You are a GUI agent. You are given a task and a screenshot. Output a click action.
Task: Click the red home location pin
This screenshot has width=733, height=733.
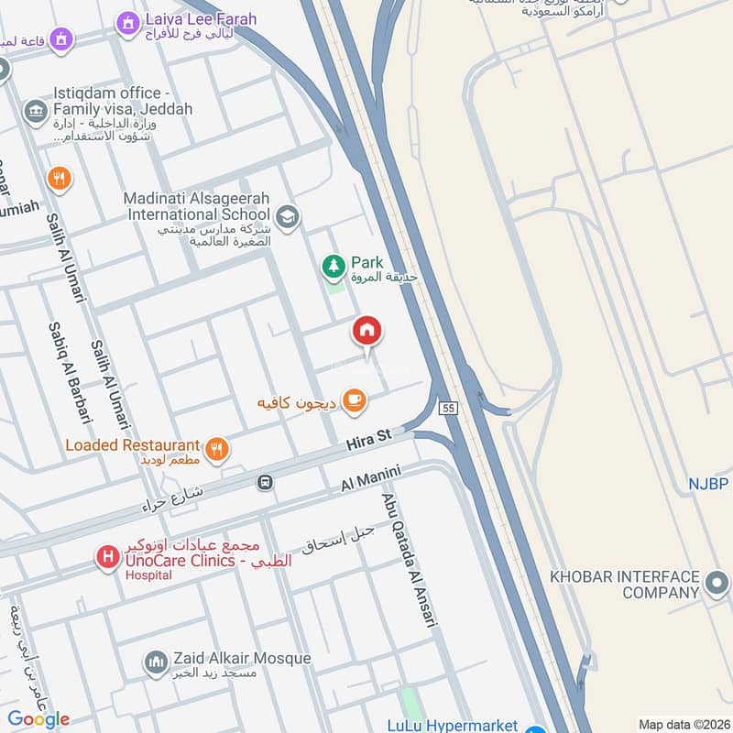click(367, 332)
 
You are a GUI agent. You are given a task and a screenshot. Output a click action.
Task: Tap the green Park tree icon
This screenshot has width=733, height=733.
click(333, 267)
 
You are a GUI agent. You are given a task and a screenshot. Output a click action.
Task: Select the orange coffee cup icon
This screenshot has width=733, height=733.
click(355, 400)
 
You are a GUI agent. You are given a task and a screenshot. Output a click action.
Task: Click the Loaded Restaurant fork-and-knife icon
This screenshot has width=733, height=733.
click(216, 448)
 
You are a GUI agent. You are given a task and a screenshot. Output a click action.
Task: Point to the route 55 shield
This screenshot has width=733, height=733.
click(447, 408)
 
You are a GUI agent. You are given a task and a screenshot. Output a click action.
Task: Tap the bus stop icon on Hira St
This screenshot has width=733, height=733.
click(265, 482)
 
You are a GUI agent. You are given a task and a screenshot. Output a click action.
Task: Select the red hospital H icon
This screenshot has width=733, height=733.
click(108, 557)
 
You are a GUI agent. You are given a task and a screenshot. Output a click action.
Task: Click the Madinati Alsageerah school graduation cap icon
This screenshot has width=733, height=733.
click(288, 216)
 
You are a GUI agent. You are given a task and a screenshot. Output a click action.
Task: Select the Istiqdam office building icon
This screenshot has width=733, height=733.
click(36, 112)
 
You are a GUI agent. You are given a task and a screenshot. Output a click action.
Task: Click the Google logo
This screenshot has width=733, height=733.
click(39, 718)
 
